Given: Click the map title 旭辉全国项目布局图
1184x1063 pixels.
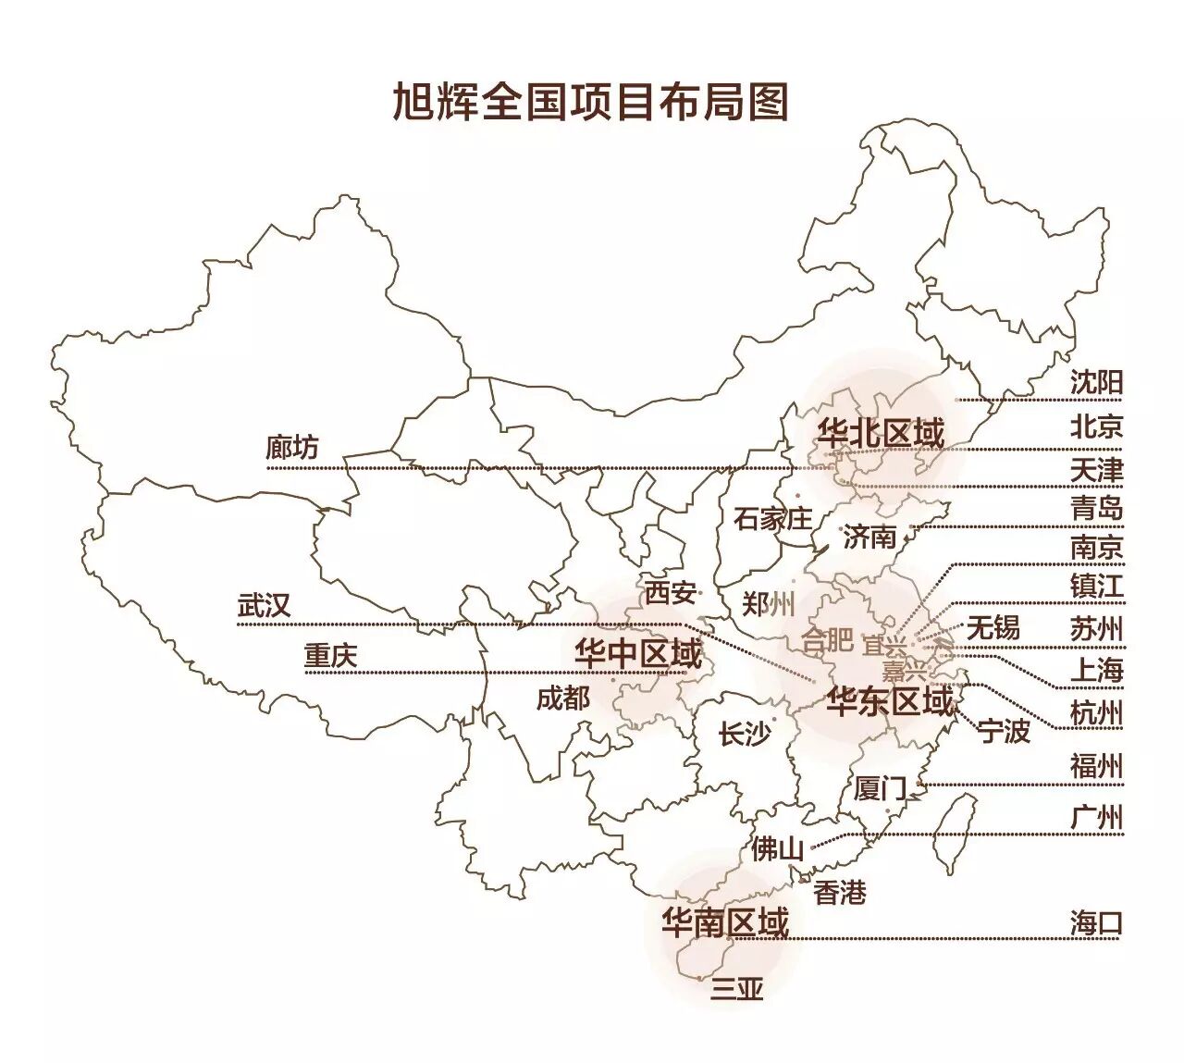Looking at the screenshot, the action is tap(590, 102).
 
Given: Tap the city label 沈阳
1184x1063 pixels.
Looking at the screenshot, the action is tap(1096, 382).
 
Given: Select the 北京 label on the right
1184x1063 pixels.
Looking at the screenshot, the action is tap(1096, 426).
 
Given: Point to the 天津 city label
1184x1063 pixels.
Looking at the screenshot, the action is tap(1096, 469).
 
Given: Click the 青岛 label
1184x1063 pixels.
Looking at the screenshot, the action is tap(1096, 508).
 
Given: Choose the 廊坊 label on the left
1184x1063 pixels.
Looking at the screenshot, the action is tap(291, 448).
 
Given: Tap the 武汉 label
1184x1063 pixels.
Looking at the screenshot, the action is tap(265, 606).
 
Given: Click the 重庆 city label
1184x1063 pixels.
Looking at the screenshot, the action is tap(330, 656).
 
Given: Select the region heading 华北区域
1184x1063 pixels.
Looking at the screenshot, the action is tap(881, 433).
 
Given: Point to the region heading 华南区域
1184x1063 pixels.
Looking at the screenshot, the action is tap(725, 922).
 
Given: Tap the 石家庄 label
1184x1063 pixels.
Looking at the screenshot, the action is tap(772, 519).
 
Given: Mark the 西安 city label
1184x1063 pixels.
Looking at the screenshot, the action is tap(671, 592).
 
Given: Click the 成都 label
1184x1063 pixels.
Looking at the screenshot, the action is tap(562, 698).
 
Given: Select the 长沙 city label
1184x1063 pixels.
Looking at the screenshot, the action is tap(744, 735).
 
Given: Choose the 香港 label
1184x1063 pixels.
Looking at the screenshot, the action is tap(840, 893).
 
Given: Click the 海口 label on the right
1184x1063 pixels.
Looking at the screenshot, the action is tap(1096, 922).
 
